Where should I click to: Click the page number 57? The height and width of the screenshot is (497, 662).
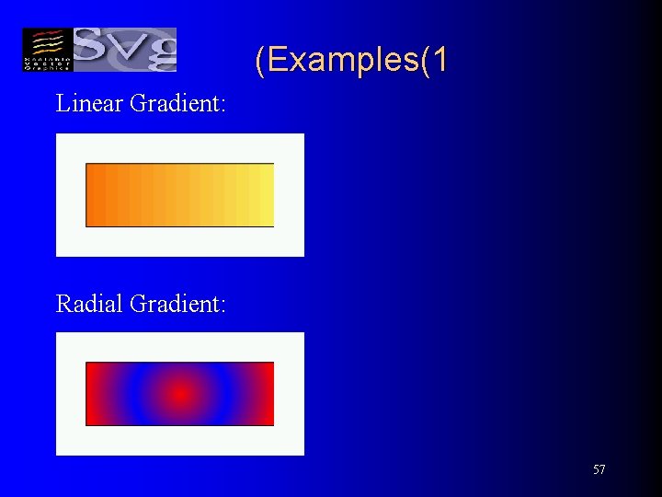tap(599, 470)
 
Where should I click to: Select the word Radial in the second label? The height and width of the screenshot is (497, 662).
tap(90, 303)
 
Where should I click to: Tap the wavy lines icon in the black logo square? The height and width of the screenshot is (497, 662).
tap(45, 42)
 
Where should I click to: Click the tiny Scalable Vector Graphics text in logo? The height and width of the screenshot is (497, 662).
tap(45, 62)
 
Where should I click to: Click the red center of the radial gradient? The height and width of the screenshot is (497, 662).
tap(180, 394)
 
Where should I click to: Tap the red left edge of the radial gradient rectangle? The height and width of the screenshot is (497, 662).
tap(92, 394)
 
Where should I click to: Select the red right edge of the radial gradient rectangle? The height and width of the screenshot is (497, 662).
tap(268, 394)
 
